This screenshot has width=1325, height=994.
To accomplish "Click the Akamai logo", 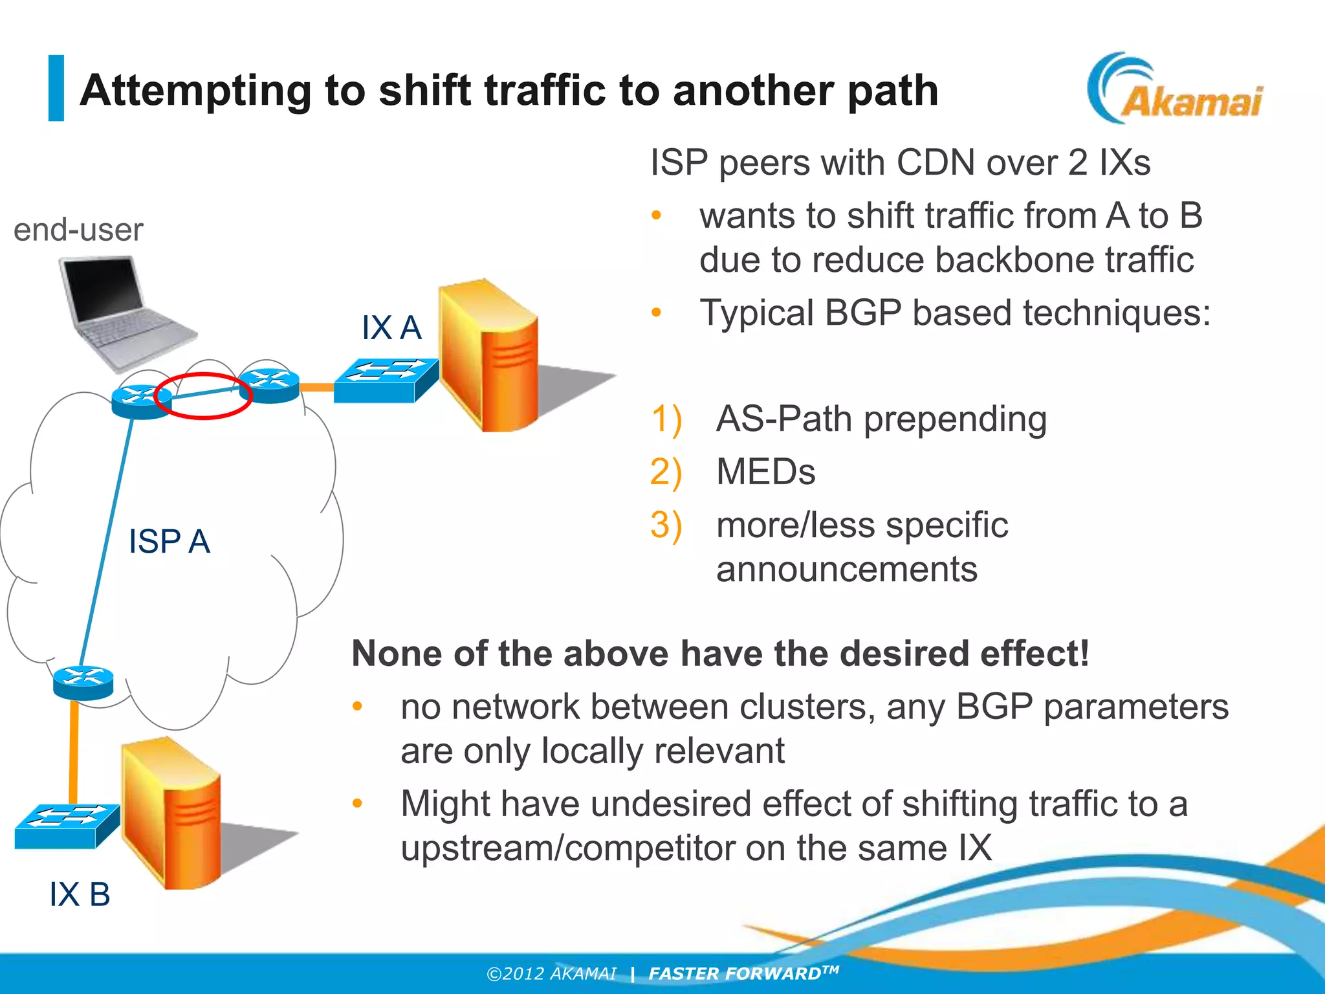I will (x=1174, y=89).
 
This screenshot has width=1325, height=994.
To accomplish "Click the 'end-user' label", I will (x=78, y=230).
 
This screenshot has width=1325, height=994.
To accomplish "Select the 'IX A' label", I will (x=391, y=327).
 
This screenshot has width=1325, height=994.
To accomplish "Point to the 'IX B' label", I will (x=80, y=894).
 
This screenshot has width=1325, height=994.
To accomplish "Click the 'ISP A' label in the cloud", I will (x=169, y=541).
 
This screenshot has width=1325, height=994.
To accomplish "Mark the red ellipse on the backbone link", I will (x=203, y=396).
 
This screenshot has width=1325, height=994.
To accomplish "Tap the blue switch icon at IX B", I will (x=67, y=825).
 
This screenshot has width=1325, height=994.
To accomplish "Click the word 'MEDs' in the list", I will (x=765, y=472).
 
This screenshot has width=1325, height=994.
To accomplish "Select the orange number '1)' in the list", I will (x=666, y=419).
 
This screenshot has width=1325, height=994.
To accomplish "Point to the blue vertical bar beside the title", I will (x=56, y=88).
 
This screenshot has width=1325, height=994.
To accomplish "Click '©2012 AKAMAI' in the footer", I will (x=551, y=973).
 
